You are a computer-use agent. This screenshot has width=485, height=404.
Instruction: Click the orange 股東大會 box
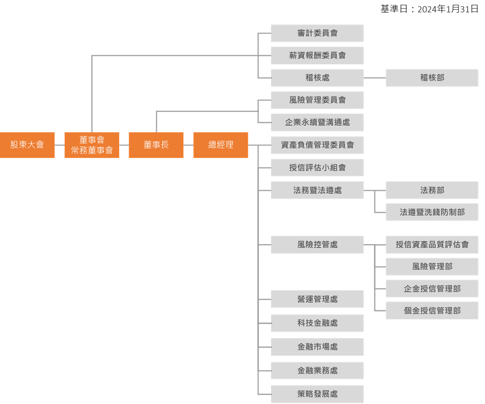click(x=27, y=145)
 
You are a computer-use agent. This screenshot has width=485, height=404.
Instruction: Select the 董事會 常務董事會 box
click(x=92, y=145)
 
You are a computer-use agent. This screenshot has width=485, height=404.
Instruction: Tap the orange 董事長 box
click(x=156, y=145)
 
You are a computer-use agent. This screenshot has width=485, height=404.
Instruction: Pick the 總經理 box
click(x=221, y=145)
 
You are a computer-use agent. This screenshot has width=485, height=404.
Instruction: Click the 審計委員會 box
click(x=317, y=33)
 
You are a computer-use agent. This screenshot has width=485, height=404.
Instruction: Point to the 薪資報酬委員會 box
click(x=317, y=55)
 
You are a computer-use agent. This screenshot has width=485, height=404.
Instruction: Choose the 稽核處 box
click(x=317, y=78)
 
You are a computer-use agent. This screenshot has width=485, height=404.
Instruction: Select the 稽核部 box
click(x=432, y=78)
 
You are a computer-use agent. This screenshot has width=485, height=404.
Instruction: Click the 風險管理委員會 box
click(x=317, y=100)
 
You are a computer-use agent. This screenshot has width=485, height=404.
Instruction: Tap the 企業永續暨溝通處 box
click(x=317, y=123)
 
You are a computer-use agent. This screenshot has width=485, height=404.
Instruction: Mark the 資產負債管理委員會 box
click(x=317, y=145)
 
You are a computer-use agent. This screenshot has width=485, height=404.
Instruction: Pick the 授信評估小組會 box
click(x=317, y=168)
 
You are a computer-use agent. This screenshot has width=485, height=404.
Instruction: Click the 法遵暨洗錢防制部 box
click(x=432, y=212)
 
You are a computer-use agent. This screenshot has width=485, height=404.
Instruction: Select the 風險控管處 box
click(x=317, y=245)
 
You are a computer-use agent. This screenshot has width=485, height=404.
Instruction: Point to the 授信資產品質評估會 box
click(x=432, y=245)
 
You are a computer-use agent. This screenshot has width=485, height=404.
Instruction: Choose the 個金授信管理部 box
click(x=432, y=311)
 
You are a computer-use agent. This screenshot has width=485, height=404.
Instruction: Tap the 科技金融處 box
click(x=317, y=323)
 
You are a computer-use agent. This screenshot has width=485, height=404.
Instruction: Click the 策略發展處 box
click(x=317, y=394)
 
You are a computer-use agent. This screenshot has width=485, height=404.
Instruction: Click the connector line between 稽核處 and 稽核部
click(x=374, y=78)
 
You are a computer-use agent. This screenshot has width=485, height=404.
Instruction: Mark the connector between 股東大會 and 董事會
click(x=60, y=145)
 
